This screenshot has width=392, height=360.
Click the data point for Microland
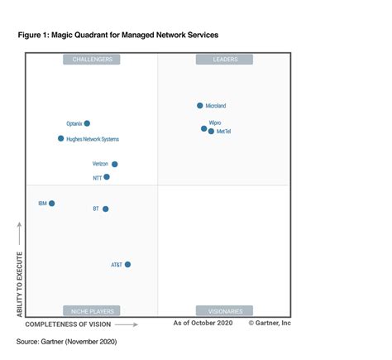point(200,106)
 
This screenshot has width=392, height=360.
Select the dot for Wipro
point(204,128)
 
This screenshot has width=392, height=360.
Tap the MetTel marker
point(211,132)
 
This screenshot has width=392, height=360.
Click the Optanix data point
point(87,123)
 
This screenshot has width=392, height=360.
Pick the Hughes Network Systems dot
point(61,139)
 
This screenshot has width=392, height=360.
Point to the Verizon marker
point(115,165)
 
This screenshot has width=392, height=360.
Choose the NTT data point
point(107,177)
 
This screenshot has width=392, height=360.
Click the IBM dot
point(52,203)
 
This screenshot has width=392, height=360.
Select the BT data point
point(105,209)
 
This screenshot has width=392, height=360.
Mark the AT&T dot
point(127,265)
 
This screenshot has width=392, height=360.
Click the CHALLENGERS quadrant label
point(92,60)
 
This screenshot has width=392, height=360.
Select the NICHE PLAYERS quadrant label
point(92,310)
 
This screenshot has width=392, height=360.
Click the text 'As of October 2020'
point(203,324)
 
